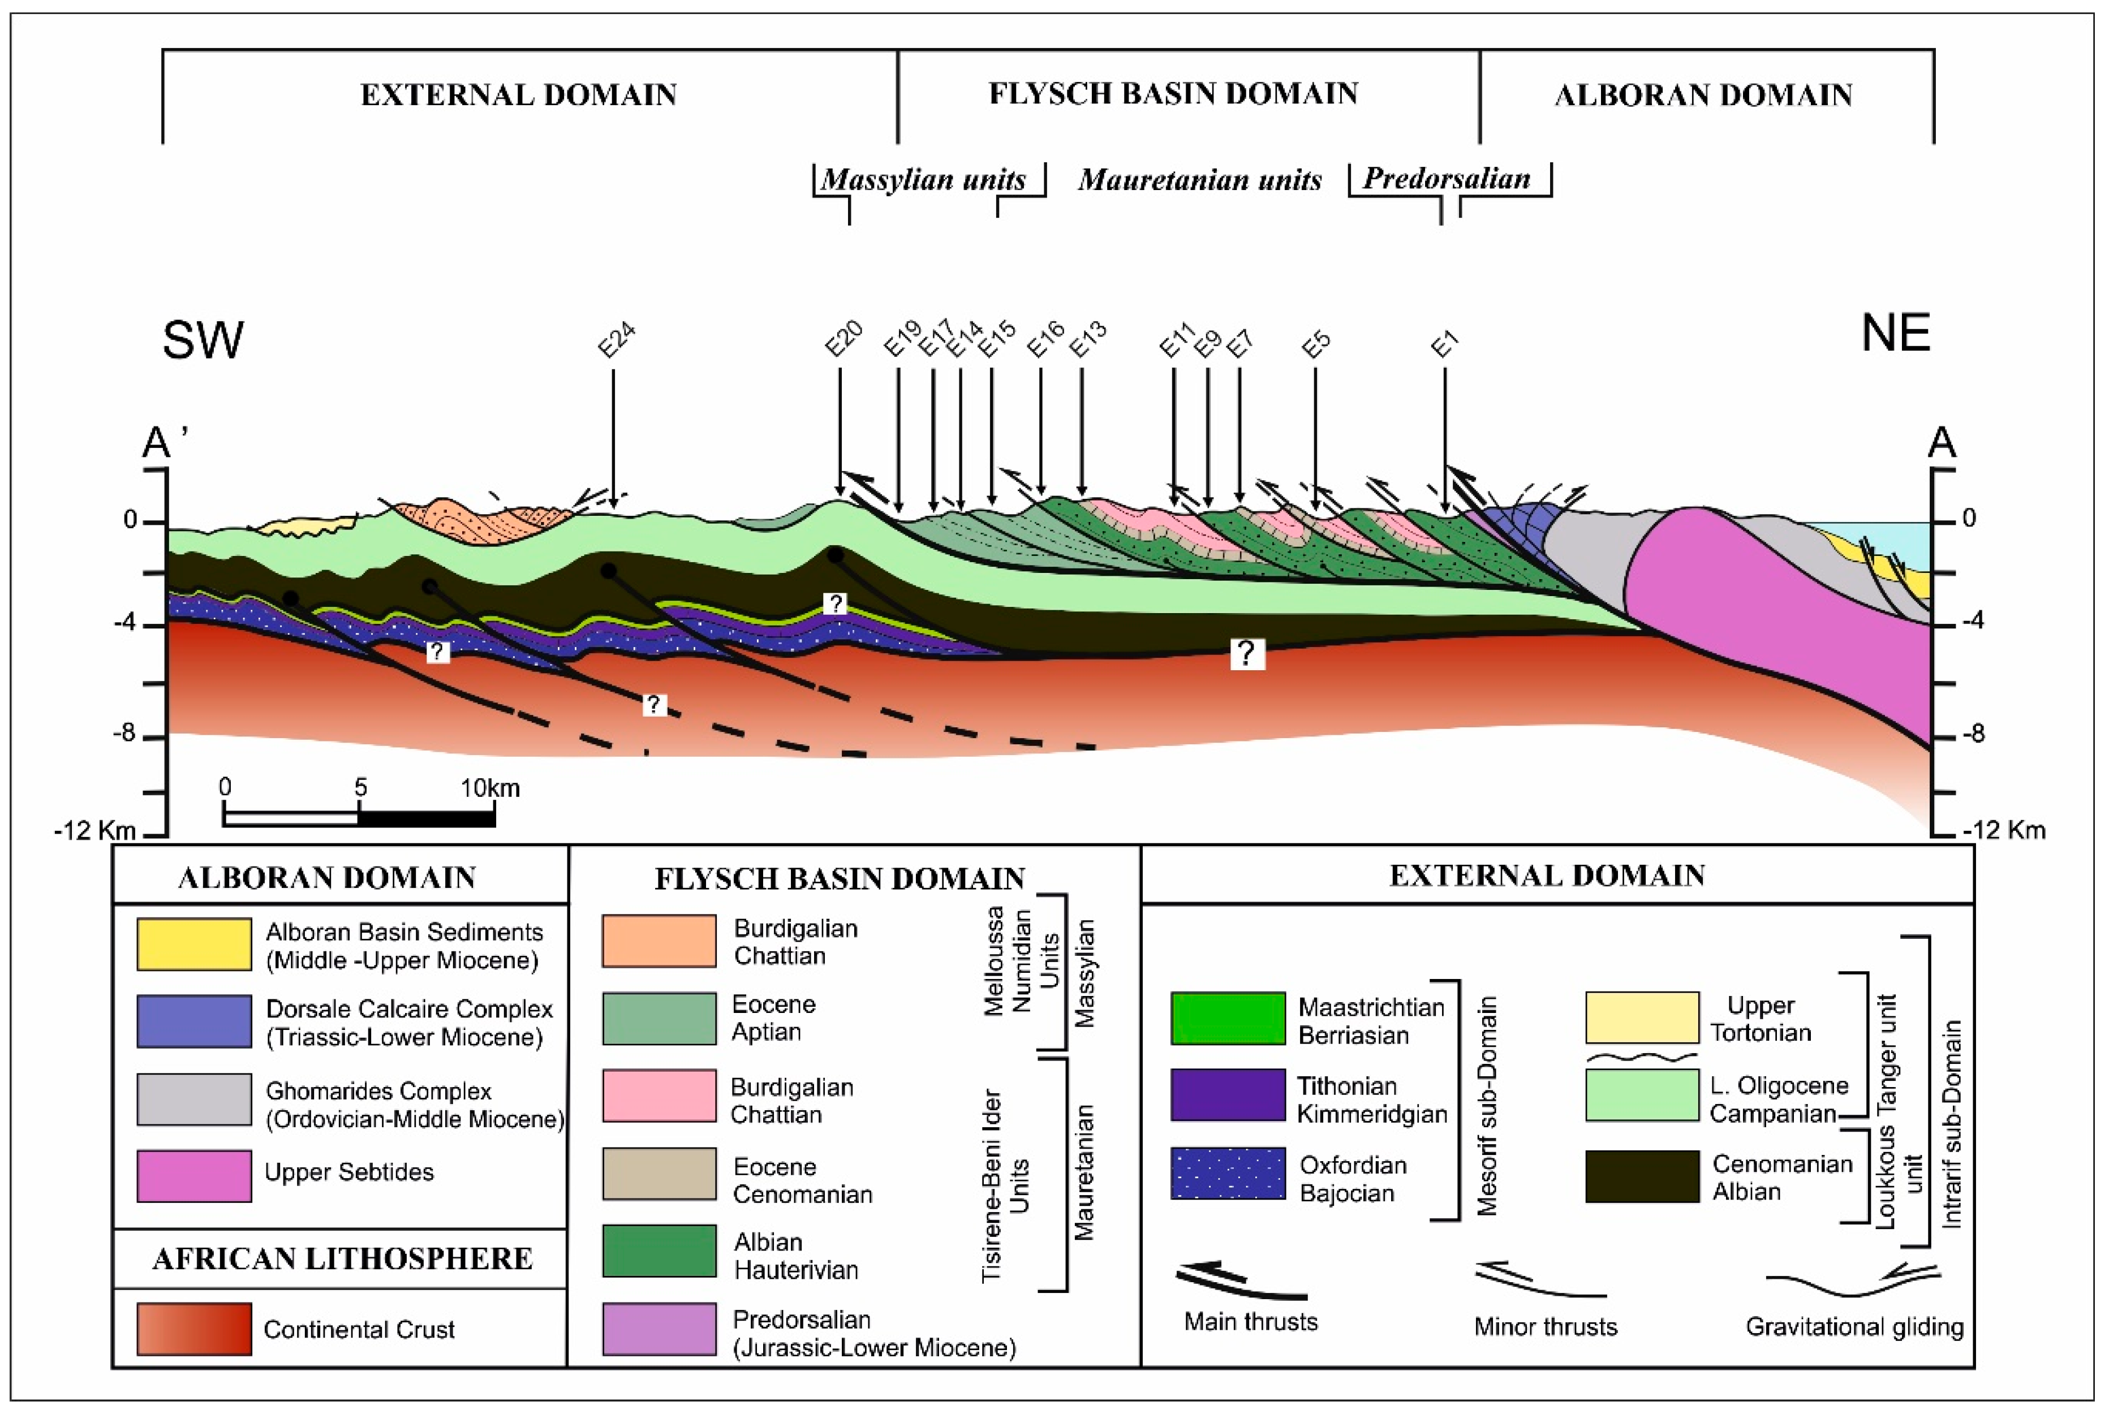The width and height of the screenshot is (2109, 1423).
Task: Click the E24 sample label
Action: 616,341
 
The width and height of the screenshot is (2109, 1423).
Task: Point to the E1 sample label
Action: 1445,345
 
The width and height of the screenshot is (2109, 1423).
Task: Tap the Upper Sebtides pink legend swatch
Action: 194,1175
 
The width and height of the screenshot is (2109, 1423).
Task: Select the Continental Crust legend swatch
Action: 194,1329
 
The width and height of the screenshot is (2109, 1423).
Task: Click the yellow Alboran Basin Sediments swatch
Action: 194,944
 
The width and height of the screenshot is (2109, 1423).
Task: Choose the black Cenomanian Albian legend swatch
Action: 1642,1176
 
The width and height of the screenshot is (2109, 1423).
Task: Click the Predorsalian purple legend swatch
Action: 659,1329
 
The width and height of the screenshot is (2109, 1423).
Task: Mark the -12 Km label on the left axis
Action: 95,830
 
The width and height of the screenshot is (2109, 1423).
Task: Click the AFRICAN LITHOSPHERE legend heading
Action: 342,1259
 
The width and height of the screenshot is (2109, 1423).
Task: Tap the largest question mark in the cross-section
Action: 1247,653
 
